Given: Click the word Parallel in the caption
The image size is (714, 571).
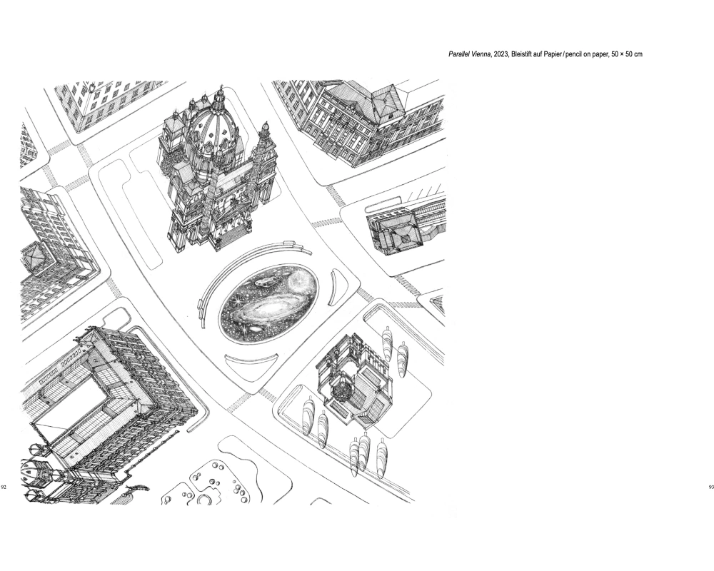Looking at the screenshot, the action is coord(459,55).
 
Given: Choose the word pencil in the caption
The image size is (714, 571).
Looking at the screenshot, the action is coord(574,55).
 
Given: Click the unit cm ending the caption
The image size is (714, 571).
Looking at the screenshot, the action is coord(638,55).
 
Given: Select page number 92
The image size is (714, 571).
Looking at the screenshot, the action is coord(4,487).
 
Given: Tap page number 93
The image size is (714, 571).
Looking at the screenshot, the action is coord(711,487).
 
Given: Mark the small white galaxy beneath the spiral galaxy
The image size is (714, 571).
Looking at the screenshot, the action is coord(256,329).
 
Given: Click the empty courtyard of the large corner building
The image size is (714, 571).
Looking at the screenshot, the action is coord(74,397).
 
